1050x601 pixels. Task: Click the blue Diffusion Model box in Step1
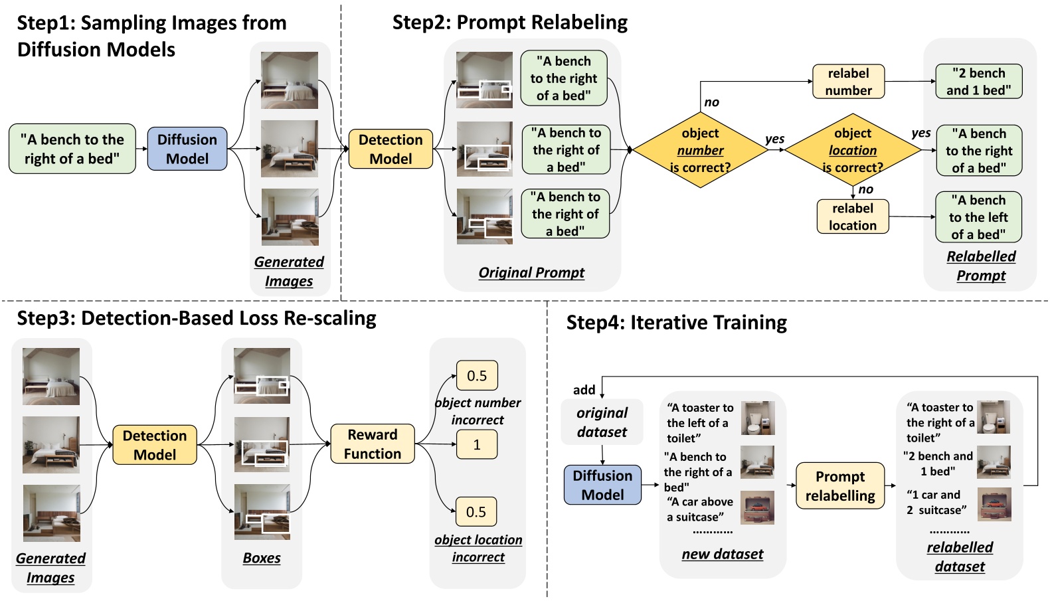click(x=187, y=149)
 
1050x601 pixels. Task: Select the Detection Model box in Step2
click(x=391, y=149)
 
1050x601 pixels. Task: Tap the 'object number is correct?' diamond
click(x=700, y=150)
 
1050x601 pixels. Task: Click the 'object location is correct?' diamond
click(x=853, y=150)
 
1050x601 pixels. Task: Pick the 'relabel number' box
click(x=848, y=82)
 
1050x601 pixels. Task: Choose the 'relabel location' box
click(x=853, y=216)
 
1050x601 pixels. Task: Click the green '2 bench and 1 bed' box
click(x=978, y=82)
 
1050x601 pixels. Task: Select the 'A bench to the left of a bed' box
click(x=978, y=217)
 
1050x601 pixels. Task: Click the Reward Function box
click(x=373, y=444)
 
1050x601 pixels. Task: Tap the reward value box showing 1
click(x=476, y=444)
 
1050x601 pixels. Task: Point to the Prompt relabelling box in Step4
click(x=840, y=485)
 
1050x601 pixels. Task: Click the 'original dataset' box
click(x=602, y=422)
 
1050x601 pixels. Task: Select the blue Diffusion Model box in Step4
click(x=602, y=485)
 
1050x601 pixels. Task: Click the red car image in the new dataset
click(x=757, y=508)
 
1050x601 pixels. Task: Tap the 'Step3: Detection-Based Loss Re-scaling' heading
click(x=197, y=318)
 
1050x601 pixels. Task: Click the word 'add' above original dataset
click(x=584, y=390)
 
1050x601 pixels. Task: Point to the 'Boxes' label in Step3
click(x=262, y=558)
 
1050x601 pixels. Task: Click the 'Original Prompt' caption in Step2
click(x=531, y=272)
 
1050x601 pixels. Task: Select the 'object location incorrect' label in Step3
click(x=478, y=548)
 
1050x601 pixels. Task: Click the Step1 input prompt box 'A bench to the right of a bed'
click(x=72, y=149)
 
